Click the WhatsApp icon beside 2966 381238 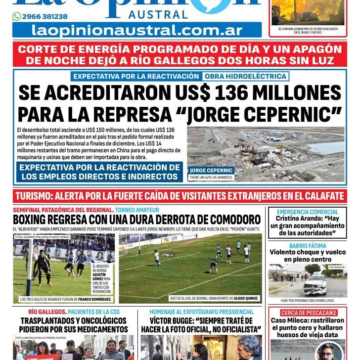[x=17, y=16]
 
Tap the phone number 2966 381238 [x=41, y=16]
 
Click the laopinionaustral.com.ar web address [x=137, y=30]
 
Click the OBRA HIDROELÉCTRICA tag [x=245, y=76]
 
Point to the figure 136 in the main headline [x=240, y=93]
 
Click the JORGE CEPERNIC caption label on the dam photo [x=211, y=171]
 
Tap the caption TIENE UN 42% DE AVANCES [x=211, y=177]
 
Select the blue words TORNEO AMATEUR [x=137, y=210]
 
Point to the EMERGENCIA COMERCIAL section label [x=308, y=212]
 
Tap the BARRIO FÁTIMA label [x=308, y=245]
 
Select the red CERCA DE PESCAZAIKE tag [x=308, y=313]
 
